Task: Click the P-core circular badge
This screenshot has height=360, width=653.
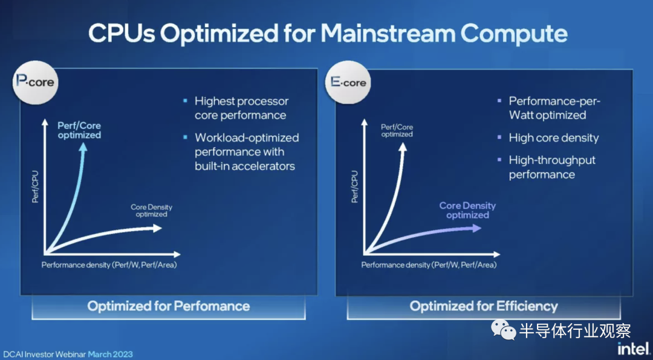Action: coord(36,81)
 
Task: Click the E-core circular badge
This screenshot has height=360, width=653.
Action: coord(348,82)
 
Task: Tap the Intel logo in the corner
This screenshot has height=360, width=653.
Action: coord(633,349)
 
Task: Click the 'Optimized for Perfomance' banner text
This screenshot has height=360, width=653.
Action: coord(168,306)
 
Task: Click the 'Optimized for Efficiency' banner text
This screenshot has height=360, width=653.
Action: coord(484,306)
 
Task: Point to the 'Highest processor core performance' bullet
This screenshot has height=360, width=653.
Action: coord(241,108)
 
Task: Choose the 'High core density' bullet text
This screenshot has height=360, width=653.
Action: coord(553,138)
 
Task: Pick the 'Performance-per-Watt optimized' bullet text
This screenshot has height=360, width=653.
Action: coord(554,108)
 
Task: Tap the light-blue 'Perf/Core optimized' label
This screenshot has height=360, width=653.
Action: coord(79,130)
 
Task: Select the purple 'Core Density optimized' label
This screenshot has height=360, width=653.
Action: coord(467,211)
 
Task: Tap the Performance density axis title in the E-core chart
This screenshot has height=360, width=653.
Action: coord(429,265)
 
